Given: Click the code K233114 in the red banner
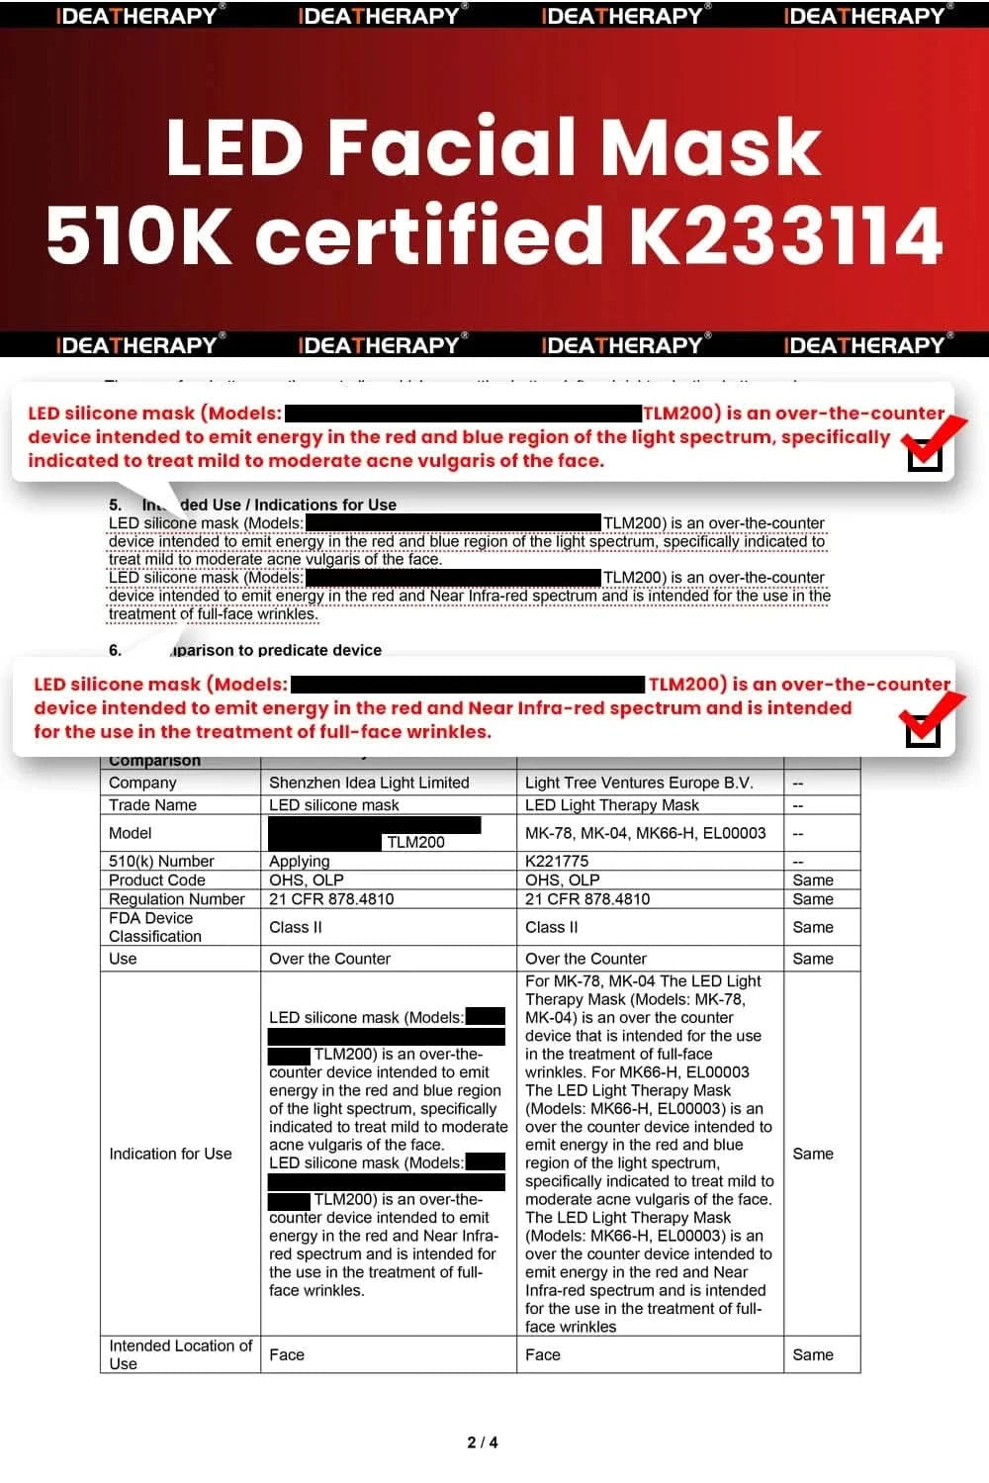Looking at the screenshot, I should coord(785,235).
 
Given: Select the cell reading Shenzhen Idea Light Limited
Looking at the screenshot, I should coord(369,783).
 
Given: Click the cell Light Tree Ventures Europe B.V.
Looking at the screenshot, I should coord(639,783).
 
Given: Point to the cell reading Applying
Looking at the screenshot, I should coord(300,862).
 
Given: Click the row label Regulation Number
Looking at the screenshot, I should coord(177,899).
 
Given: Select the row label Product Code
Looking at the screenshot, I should coord(157,881).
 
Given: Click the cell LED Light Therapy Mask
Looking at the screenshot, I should coord(612,805).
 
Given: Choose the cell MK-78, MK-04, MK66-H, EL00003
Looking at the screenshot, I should coord(645,833).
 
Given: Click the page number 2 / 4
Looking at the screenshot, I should coord(483,1442).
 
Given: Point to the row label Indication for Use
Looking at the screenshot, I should coord(170,1154).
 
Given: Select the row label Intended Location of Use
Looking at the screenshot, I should coord(180,1354).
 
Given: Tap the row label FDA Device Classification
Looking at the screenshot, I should coord(155,927).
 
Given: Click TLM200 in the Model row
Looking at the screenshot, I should coord(415,842).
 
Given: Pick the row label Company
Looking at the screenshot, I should coord(142,783).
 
